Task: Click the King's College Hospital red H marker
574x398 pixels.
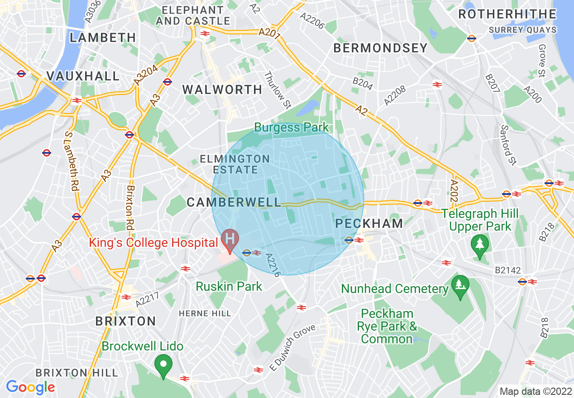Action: pos(230,239)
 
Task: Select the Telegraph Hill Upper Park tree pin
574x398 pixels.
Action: pos(479,245)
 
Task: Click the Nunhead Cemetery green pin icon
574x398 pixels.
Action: pos(460,286)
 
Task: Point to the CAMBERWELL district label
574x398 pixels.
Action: pos(234,202)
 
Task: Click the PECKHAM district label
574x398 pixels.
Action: pos(369,223)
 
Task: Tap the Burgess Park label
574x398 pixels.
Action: pos(292,127)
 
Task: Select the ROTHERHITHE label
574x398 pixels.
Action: pos(507,14)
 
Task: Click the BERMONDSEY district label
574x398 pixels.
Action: pos(380,48)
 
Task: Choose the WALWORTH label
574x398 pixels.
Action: pos(222,90)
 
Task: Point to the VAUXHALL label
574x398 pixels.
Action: pos(83,76)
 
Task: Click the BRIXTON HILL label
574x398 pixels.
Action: pos(77,373)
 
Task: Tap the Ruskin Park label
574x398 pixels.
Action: pos(229,286)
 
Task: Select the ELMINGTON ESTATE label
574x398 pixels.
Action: pos(235,164)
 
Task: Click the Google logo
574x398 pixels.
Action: pos(30,387)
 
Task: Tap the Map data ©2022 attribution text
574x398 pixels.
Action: pos(535,391)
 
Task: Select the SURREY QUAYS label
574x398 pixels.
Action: pos(522,30)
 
